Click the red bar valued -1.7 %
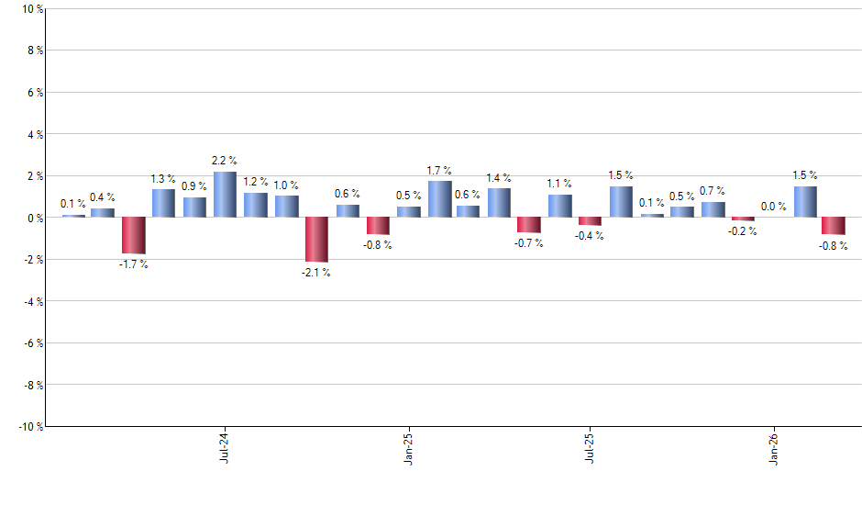pyautogui.click(x=133, y=235)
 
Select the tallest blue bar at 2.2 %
pyautogui.click(x=225, y=195)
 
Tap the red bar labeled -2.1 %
pyautogui.click(x=316, y=239)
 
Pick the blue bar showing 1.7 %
pyautogui.click(x=439, y=199)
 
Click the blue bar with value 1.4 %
pyautogui.click(x=499, y=203)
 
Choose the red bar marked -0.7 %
pyautogui.click(x=528, y=225)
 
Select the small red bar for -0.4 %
pyautogui.click(x=590, y=221)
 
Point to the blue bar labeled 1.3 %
pyautogui.click(x=163, y=204)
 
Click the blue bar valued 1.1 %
pyautogui.click(x=559, y=206)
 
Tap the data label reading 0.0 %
pyautogui.click(x=773, y=207)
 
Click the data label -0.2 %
pyautogui.click(x=743, y=231)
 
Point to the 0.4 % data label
pyautogui.click(x=102, y=197)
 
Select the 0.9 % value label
pyautogui.click(x=193, y=186)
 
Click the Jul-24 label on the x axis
pyautogui.click(x=225, y=448)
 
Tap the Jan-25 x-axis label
pyautogui.click(x=408, y=448)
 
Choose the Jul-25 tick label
pyautogui.click(x=590, y=448)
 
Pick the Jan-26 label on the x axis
pyautogui.click(x=773, y=448)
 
